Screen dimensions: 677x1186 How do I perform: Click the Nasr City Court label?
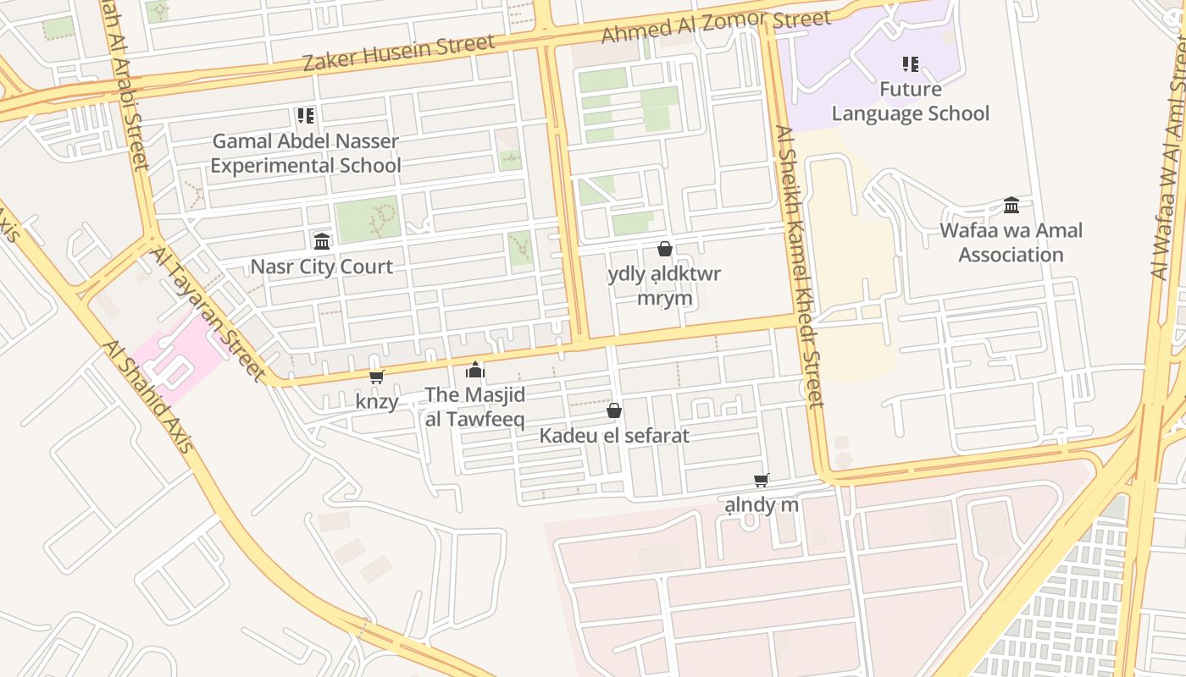click(x=321, y=267)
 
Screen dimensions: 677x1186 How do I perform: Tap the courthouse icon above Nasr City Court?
click(x=322, y=241)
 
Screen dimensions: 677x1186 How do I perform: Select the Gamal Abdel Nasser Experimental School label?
click(x=305, y=153)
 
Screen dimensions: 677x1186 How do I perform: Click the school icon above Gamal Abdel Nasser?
click(x=306, y=116)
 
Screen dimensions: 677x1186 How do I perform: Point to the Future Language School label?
click(x=910, y=102)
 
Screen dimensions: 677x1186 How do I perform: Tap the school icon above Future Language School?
click(x=911, y=64)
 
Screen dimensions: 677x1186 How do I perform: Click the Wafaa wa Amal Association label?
click(x=1011, y=242)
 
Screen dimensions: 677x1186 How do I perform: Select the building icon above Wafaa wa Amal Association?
click(x=1011, y=205)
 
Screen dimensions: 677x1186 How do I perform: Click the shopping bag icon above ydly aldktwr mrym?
click(x=665, y=249)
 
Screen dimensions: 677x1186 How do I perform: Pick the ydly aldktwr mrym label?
click(x=665, y=286)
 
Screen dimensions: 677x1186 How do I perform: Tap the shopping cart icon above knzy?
click(x=377, y=377)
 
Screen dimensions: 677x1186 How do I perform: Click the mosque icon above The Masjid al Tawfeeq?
click(x=475, y=370)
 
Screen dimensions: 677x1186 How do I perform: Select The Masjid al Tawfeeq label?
click(x=475, y=406)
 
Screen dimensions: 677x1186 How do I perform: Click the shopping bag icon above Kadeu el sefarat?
click(x=614, y=410)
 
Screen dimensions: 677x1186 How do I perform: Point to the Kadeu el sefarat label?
click(x=614, y=436)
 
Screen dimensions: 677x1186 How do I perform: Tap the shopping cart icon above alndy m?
click(x=762, y=480)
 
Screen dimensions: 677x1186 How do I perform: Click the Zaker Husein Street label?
click(x=398, y=52)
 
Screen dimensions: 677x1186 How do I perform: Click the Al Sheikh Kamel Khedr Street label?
click(x=798, y=267)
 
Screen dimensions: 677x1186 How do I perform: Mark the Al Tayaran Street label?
click(x=208, y=314)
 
